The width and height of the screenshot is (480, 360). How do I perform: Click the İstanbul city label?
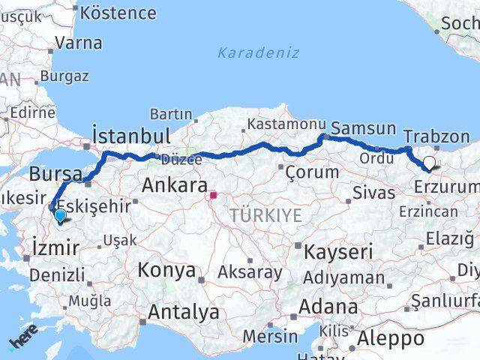[x=130, y=136]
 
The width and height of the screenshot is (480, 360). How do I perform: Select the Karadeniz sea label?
[x=258, y=53]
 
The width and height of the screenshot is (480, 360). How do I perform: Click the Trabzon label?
[x=436, y=136]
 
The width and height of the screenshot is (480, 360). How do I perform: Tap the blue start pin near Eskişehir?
[x=60, y=216]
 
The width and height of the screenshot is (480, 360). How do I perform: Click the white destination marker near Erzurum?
[x=429, y=162]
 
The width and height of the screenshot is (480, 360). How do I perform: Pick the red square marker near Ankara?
[x=213, y=196]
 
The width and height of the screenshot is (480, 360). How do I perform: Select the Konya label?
[x=166, y=270]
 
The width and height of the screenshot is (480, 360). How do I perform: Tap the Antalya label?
[x=184, y=311]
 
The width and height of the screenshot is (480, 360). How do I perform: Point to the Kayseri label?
[x=337, y=252]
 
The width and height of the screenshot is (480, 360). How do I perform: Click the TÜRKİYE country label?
[x=265, y=216]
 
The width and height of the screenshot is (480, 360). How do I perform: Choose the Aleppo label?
[x=391, y=338]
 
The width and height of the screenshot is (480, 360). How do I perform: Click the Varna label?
[x=79, y=43]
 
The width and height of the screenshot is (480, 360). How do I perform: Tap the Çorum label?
[x=312, y=172]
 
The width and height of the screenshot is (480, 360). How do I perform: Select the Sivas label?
[x=373, y=193]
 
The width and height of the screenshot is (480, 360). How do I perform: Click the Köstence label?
[x=118, y=13]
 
